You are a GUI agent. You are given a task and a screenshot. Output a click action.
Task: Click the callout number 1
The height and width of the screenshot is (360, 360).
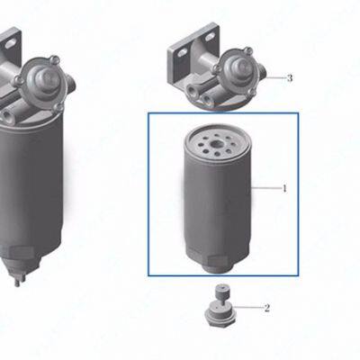[285, 188]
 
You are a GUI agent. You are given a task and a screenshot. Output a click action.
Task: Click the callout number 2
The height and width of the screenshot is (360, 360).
[267, 308]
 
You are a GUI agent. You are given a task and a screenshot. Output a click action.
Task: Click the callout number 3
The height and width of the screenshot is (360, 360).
[290, 78]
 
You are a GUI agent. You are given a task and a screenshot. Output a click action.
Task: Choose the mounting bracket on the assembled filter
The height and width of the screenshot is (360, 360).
[7, 54]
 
